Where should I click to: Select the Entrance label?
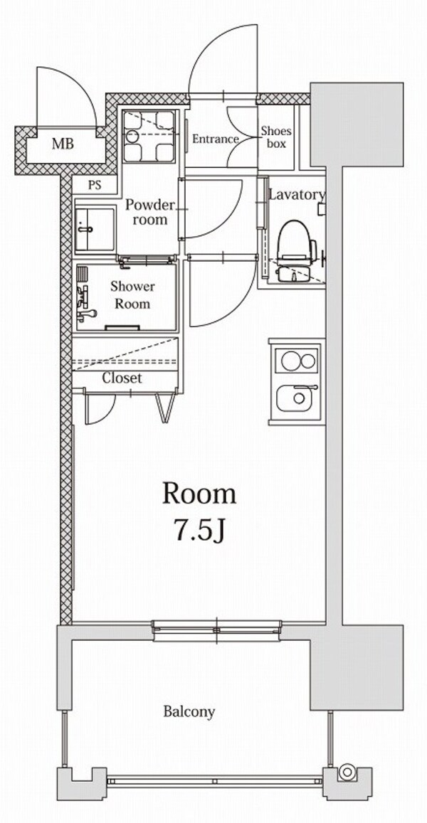(215, 139)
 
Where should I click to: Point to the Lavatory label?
(297, 195)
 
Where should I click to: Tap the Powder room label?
(149, 212)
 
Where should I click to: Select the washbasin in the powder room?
(95, 229)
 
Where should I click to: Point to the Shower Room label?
(132, 295)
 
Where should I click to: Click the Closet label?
(122, 378)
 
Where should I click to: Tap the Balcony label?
(189, 711)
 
